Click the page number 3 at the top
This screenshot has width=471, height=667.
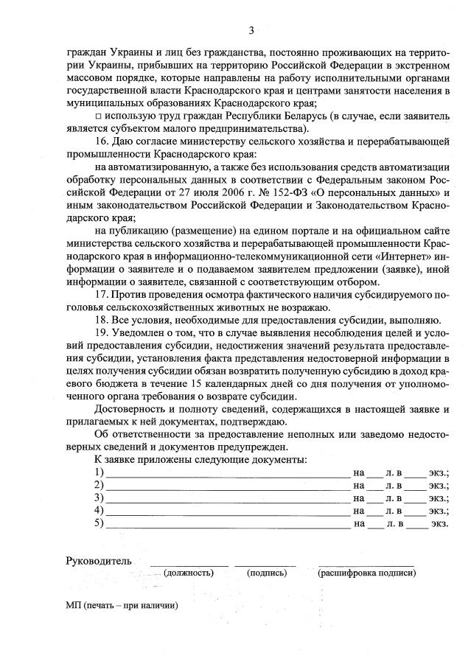click(x=251, y=30)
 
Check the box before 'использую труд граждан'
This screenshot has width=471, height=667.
click(x=99, y=116)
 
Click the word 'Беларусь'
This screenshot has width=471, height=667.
click(x=304, y=116)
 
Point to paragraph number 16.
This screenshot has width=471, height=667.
click(x=102, y=141)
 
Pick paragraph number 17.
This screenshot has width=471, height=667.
click(x=102, y=295)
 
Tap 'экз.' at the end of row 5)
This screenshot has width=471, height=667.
click(x=439, y=524)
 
